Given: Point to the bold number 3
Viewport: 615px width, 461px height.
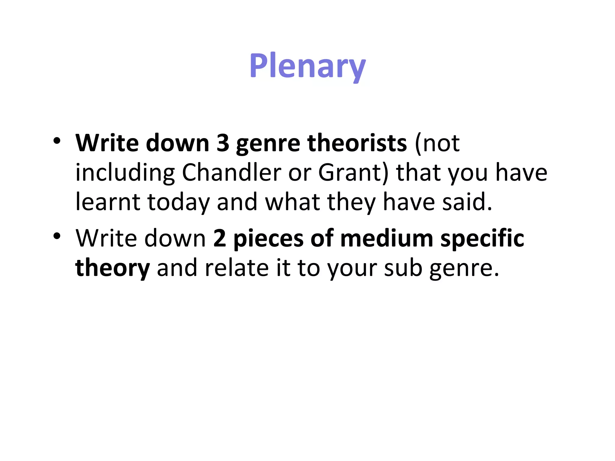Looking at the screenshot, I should (223, 143).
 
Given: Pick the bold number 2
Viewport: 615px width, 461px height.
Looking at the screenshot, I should (220, 239).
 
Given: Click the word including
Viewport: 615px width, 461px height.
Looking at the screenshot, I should (125, 173).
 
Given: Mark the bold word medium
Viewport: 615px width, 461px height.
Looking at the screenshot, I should (386, 239).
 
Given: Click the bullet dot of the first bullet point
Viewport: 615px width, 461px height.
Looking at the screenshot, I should (57, 141).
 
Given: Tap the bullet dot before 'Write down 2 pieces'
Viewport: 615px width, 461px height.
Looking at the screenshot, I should (57, 236).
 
